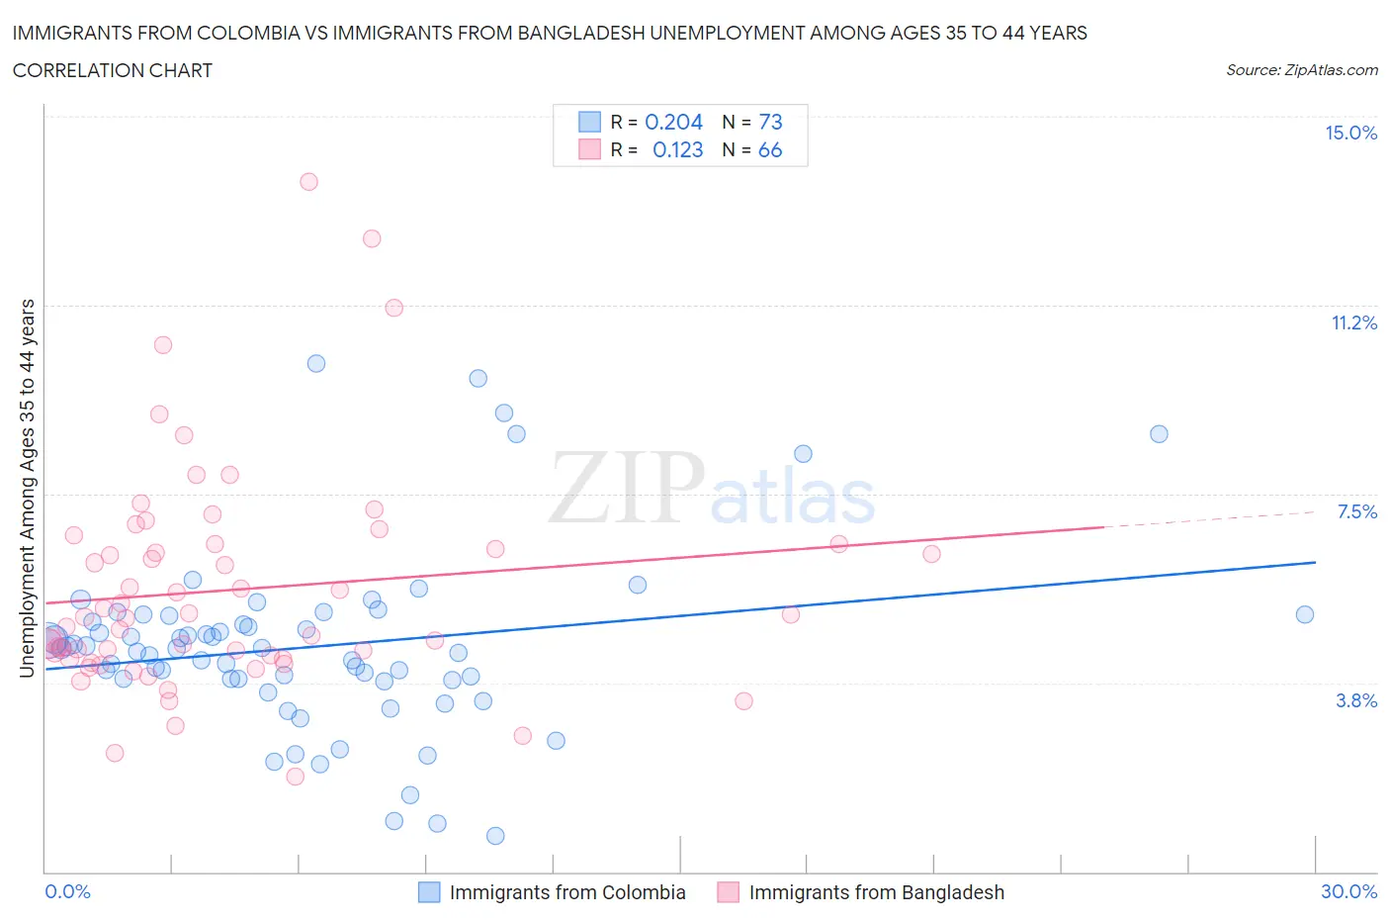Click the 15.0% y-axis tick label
(1350, 133)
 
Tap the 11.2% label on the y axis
(1353, 322)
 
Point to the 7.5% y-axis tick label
(1356, 511)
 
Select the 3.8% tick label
(1356, 700)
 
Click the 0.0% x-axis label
(67, 891)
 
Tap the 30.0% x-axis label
(1348, 891)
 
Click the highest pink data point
(308, 181)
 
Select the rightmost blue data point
(1305, 614)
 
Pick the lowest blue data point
(495, 836)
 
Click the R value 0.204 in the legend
(673, 122)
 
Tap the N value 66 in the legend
(770, 149)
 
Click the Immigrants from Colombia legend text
(567, 892)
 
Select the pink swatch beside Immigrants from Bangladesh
(728, 892)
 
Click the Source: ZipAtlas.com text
(1301, 69)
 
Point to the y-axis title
(27, 488)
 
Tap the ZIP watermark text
(626, 487)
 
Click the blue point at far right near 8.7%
(1159, 434)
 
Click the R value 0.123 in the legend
(677, 149)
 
